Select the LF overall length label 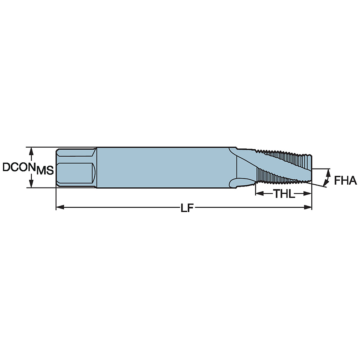point(185,208)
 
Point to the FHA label point(345,180)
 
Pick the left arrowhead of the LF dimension point(59,207)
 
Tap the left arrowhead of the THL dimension point(259,194)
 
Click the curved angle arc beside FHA point(328,177)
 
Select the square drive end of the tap point(76,167)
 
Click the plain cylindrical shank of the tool point(162,167)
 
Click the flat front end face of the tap point(311,167)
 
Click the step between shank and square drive point(96,167)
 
